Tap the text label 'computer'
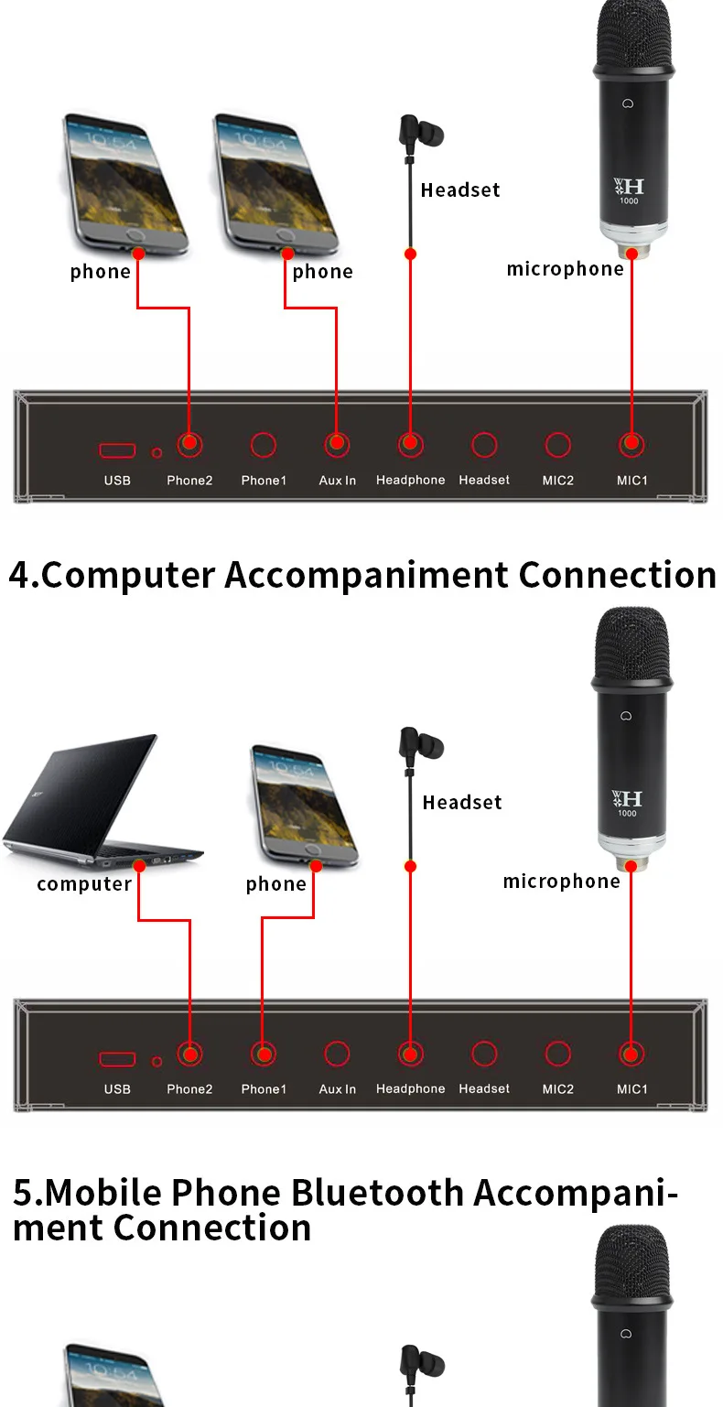(x=84, y=883)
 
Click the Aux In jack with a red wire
(x=337, y=445)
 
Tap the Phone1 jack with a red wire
(x=264, y=1055)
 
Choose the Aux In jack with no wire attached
(x=337, y=1055)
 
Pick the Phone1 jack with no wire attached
(x=264, y=445)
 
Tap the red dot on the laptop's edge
(x=139, y=865)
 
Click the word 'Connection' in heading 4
(x=617, y=575)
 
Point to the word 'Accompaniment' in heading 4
(x=371, y=575)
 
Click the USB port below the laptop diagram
(x=118, y=1059)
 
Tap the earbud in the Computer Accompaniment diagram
(x=420, y=743)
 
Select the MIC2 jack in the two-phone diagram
(x=558, y=445)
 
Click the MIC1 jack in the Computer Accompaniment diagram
(x=631, y=1055)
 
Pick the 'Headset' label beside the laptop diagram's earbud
(x=462, y=802)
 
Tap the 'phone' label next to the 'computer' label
(x=275, y=883)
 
